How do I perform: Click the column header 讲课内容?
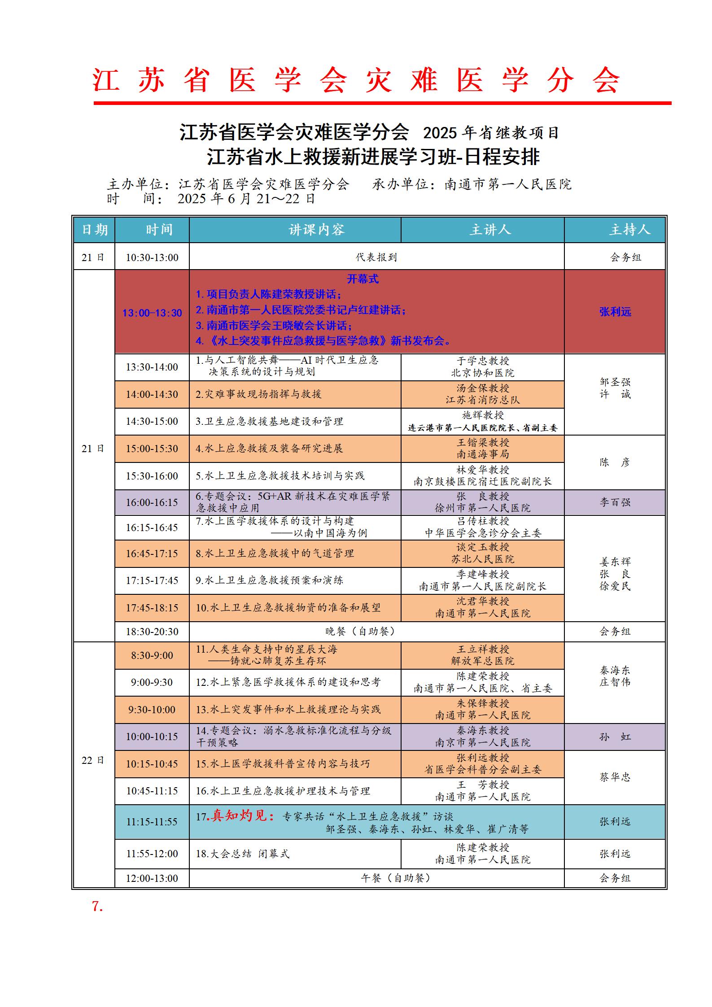(x=316, y=230)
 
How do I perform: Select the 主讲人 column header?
(x=490, y=230)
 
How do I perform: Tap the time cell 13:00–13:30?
(x=152, y=313)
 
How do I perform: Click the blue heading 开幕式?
(x=363, y=279)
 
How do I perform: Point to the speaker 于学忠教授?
(x=483, y=361)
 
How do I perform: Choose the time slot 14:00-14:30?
(x=152, y=394)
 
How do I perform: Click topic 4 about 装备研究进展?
(x=269, y=449)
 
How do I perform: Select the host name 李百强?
(x=615, y=502)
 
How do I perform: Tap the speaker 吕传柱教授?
(x=483, y=521)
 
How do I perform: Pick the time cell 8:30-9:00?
(x=152, y=655)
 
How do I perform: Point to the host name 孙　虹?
(x=615, y=737)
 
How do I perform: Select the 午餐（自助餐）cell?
(x=396, y=878)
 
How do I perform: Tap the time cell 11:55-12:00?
(x=152, y=854)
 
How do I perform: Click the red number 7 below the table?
(x=97, y=907)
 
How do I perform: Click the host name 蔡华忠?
(x=615, y=777)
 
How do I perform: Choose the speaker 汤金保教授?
(x=483, y=388)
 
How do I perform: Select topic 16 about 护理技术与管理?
(x=283, y=791)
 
